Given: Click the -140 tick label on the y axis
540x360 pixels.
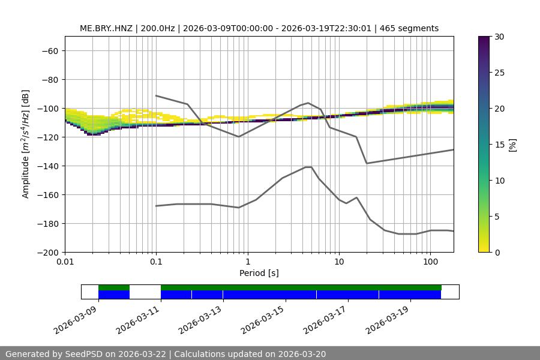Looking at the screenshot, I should [48, 166].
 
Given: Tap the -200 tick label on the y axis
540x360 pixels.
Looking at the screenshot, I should [48, 253].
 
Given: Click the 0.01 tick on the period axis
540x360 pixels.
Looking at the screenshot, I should [65, 262].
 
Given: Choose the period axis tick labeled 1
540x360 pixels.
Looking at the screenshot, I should [247, 262].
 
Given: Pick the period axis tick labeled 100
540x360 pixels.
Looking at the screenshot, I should [430, 262].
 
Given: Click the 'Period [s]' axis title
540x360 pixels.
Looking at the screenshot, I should [259, 274].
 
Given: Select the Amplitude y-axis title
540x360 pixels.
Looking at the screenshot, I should [26, 144].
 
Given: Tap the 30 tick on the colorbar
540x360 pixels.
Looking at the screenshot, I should [499, 37].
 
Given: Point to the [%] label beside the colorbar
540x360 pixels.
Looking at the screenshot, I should [513, 145].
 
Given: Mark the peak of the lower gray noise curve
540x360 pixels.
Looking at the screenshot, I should [308, 167].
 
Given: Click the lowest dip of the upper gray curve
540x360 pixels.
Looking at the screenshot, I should [367, 163].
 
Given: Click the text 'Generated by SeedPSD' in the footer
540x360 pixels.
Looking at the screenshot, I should [57, 354].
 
